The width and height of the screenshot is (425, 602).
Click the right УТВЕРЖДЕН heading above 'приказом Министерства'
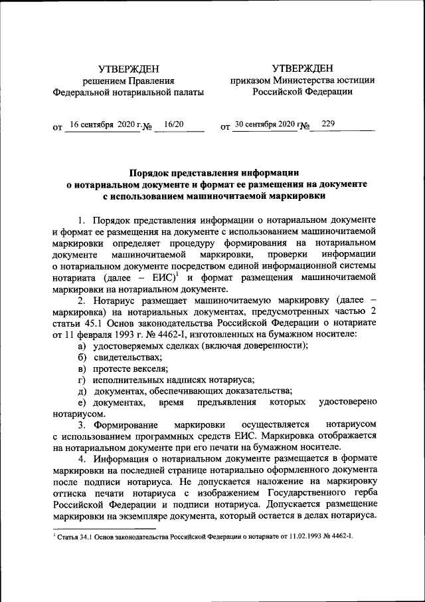(x=302, y=68)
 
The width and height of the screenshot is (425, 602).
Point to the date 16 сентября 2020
(x=102, y=124)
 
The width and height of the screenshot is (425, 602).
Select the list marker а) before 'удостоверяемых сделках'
(x=81, y=347)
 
